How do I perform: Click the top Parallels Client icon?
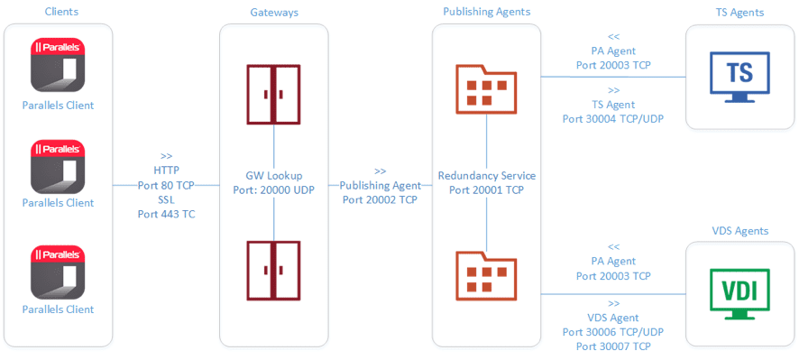(58, 65)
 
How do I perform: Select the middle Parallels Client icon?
(58, 167)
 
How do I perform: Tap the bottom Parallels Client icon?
(58, 272)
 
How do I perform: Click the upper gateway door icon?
(273, 94)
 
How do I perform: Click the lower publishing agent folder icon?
(486, 273)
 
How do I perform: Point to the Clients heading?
(58, 12)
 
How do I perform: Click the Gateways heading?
(273, 12)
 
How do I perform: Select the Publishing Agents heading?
(487, 12)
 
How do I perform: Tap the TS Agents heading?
(739, 12)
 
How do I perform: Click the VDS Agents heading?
(739, 231)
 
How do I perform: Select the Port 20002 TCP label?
(380, 199)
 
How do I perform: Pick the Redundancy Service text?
(486, 175)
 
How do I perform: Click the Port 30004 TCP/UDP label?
(613, 118)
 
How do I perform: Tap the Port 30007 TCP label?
(613, 346)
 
